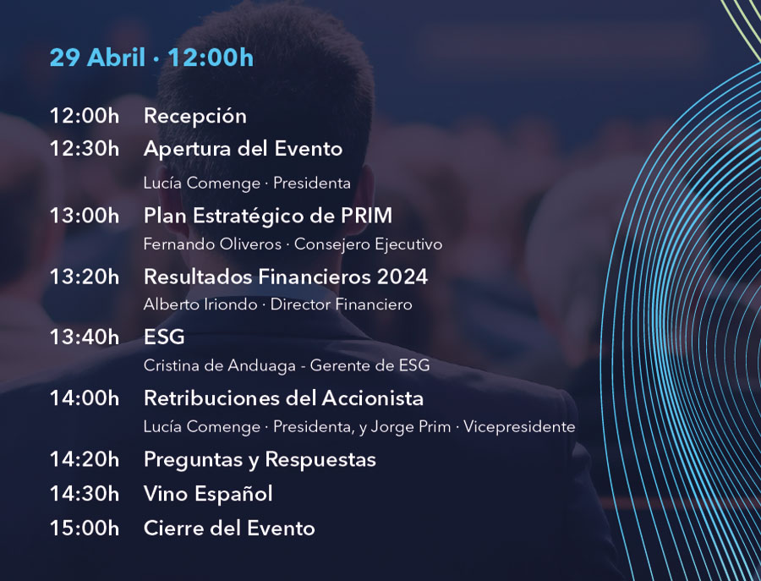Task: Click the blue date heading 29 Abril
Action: [x=97, y=58]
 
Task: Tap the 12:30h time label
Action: [x=85, y=149]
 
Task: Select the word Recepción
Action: [x=195, y=117]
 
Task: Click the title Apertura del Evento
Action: [x=244, y=149]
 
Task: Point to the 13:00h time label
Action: [x=85, y=216]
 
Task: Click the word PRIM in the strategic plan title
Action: [x=366, y=216]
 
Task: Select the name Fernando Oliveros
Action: [x=212, y=244]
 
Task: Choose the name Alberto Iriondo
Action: [x=200, y=304]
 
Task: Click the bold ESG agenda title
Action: [x=164, y=337]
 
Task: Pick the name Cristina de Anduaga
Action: [x=219, y=365]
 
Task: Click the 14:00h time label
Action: [x=85, y=398]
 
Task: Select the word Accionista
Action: [x=372, y=398]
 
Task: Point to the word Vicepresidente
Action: [x=519, y=426]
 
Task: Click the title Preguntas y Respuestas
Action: [x=260, y=460]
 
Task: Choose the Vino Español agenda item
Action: [x=208, y=494]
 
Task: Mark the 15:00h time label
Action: [x=85, y=528]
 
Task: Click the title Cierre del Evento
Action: [x=229, y=528]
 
